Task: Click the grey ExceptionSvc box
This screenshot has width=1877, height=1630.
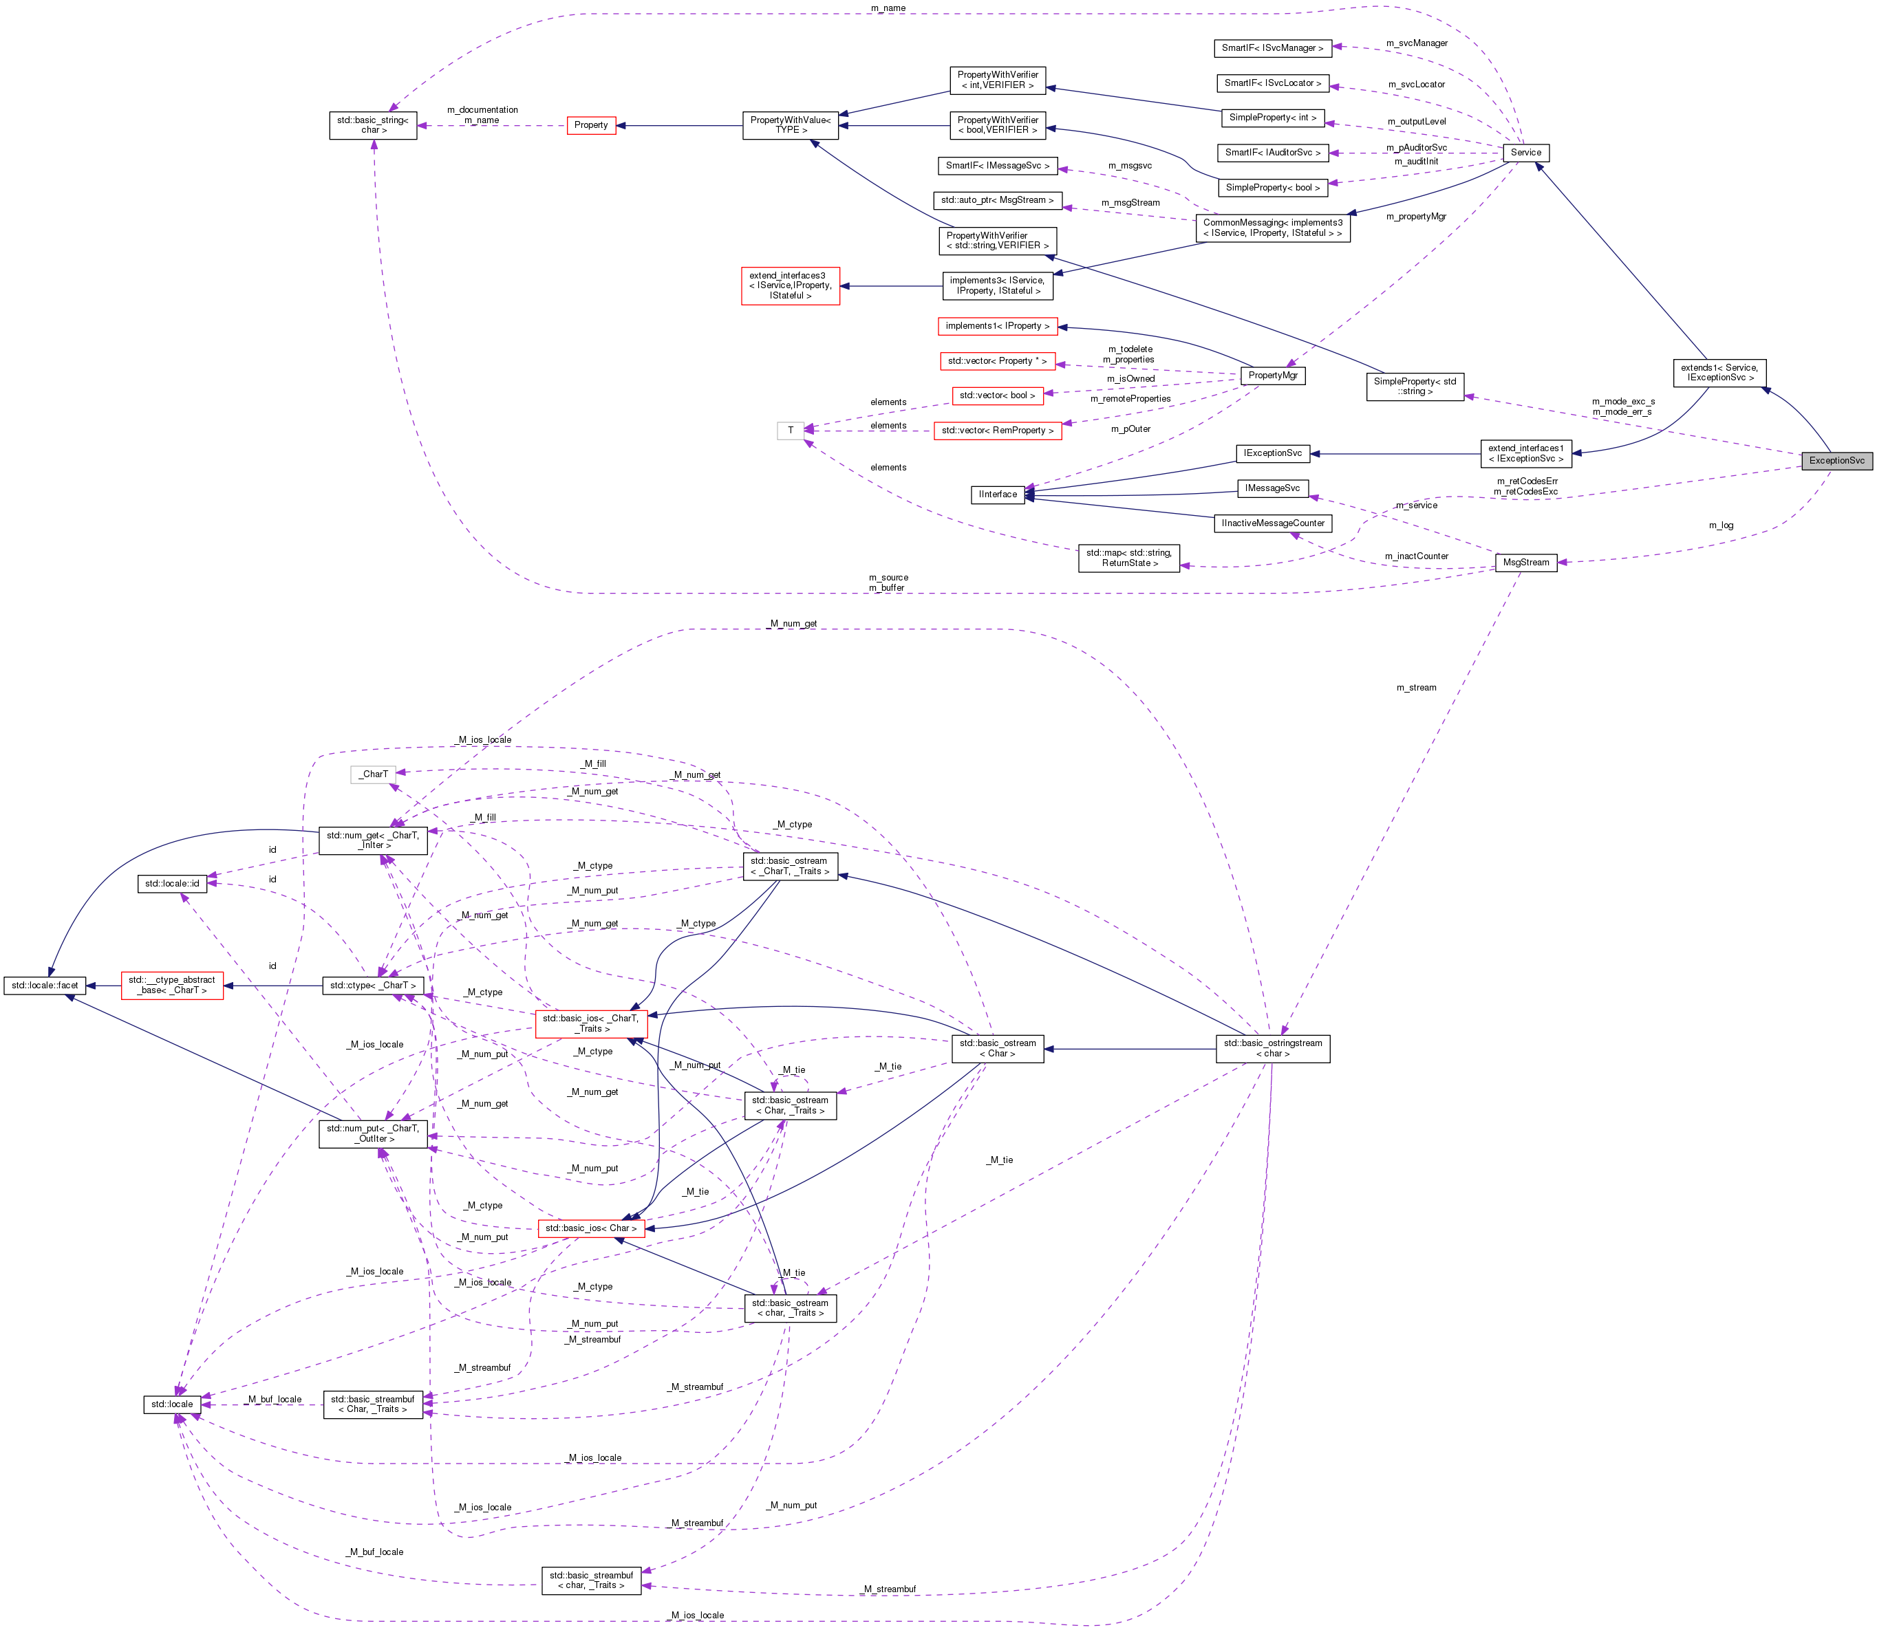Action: click(x=1836, y=460)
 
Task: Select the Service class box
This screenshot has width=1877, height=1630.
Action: click(x=1526, y=152)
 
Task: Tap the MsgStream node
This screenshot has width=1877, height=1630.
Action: click(x=1525, y=562)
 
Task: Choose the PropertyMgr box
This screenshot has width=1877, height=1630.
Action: click(x=1272, y=375)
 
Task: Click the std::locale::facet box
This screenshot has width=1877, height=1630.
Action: click(x=45, y=985)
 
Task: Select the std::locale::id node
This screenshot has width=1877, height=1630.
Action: click(x=172, y=883)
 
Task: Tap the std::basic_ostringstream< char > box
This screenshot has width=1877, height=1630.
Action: click(x=1272, y=1048)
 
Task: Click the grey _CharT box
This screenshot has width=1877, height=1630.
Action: click(x=373, y=774)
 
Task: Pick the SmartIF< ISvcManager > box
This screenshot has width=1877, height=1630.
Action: click(x=1272, y=47)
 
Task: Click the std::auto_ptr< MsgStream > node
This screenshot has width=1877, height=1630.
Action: click(x=997, y=199)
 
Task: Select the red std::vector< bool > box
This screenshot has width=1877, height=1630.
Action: click(x=997, y=395)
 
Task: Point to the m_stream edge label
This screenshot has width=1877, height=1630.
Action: click(x=1416, y=688)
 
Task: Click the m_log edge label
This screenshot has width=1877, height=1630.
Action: click(x=1721, y=525)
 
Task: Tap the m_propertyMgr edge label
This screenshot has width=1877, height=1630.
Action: click(x=1416, y=217)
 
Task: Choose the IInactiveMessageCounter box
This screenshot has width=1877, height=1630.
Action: click(x=1272, y=523)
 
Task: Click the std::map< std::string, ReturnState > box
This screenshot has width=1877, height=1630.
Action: click(x=1128, y=558)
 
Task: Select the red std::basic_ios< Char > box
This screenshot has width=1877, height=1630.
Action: click(x=590, y=1228)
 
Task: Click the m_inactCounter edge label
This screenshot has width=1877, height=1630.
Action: click(x=1416, y=556)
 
